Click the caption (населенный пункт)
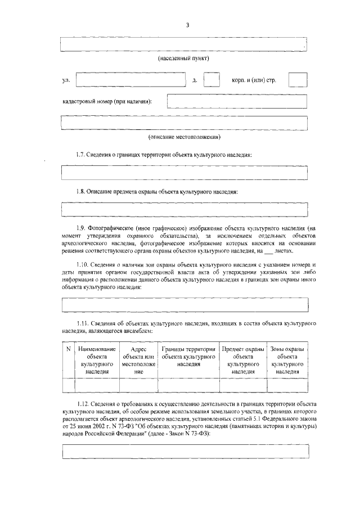coord(183,58)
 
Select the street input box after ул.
coord(130,80)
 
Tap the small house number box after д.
coord(211,80)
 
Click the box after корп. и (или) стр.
coord(298,80)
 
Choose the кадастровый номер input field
coord(237,102)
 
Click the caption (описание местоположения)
coord(184,137)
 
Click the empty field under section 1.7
coord(184,172)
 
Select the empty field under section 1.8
coord(184,209)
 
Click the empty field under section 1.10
coord(184,304)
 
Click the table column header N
coord(68,349)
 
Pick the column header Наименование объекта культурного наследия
coord(97,361)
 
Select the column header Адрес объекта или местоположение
coord(138,361)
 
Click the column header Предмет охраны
coord(243,361)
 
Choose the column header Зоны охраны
coord(287,361)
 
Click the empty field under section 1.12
coord(184,452)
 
